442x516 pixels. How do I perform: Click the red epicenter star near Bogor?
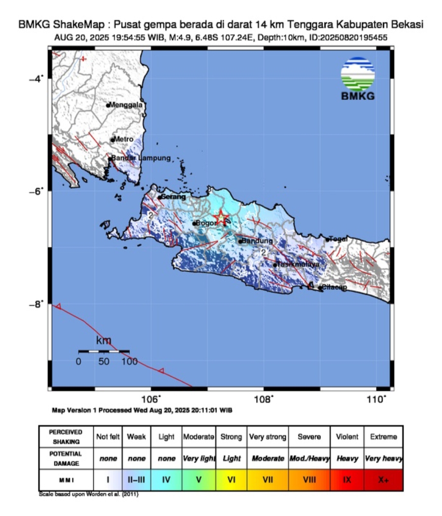click(221, 218)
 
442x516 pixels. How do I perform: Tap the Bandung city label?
click(257, 241)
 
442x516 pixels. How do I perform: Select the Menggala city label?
click(126, 105)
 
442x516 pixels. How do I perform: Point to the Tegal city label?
click(338, 239)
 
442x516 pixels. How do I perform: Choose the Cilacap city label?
click(334, 287)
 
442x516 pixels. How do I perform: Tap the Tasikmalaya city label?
click(298, 264)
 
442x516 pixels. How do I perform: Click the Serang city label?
click(174, 197)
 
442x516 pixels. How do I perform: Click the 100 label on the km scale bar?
click(129, 361)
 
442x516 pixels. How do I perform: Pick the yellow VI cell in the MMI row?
click(231, 480)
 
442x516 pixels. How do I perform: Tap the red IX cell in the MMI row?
click(347, 480)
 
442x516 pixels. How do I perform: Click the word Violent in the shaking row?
click(347, 436)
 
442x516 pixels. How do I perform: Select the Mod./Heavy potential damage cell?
click(309, 458)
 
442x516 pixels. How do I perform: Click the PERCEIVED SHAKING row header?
click(65, 436)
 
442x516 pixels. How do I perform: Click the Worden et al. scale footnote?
click(89, 494)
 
